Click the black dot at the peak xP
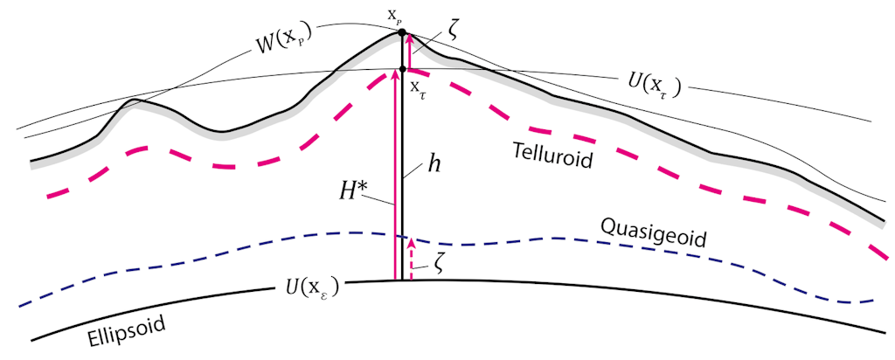click(402, 33)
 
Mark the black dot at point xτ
click(402, 69)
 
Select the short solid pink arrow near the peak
click(409, 52)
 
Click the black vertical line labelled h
click(402, 175)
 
